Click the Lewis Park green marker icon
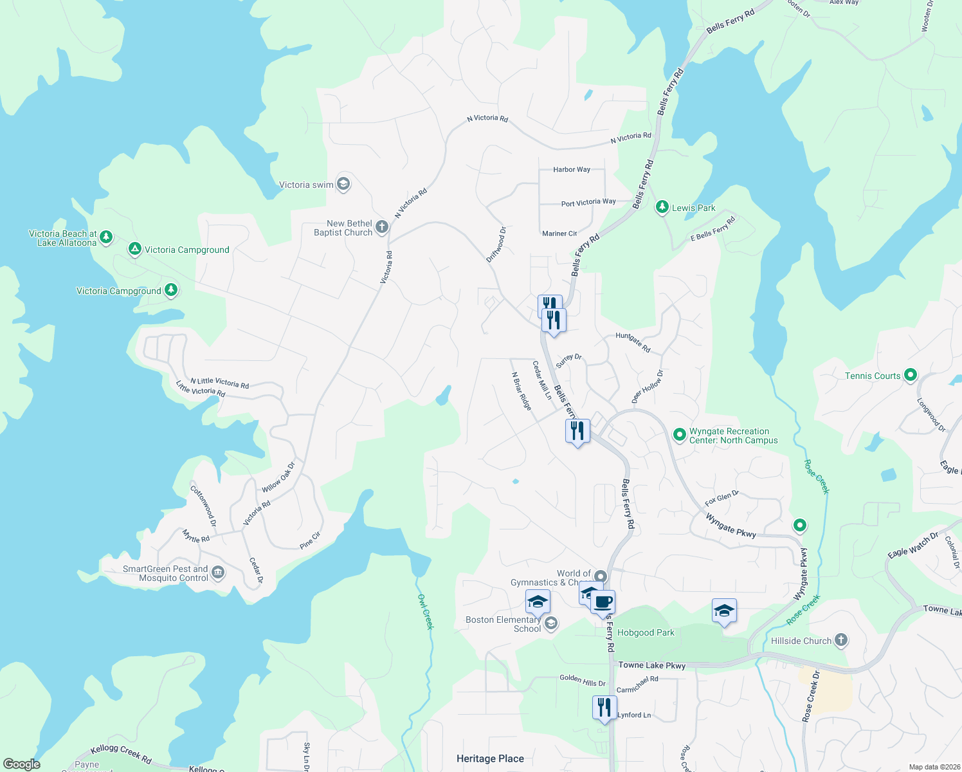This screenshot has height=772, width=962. [x=662, y=207]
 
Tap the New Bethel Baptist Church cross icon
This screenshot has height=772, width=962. [x=381, y=226]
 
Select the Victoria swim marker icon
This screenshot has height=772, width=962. [x=343, y=185]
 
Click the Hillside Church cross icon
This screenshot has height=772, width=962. [x=841, y=640]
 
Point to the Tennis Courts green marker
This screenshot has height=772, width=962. [x=910, y=375]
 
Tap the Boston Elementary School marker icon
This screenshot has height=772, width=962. [x=551, y=623]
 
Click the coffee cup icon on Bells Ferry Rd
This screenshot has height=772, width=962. [x=603, y=603]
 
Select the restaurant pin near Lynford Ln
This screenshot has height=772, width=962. [x=604, y=708]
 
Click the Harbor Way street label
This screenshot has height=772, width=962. [x=572, y=170]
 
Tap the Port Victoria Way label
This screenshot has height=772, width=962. [x=588, y=203]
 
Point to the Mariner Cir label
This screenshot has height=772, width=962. [x=559, y=234]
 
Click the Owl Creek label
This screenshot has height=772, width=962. [x=426, y=611]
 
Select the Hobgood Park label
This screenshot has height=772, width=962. [x=646, y=632]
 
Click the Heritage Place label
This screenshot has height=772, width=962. [x=490, y=758]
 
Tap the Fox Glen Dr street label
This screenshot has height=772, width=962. [x=721, y=498]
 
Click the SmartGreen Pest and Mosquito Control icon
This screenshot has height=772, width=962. [x=218, y=573]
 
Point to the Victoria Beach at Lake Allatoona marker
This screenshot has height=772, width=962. [x=106, y=237]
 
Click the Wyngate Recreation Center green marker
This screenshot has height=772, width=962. [x=679, y=435]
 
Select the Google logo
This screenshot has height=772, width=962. [x=21, y=764]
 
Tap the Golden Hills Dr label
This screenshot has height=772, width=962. [x=582, y=680]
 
